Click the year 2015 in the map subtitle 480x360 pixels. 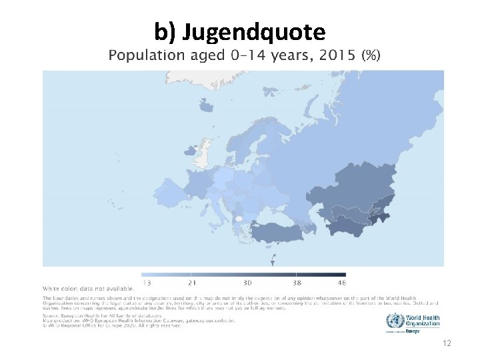[x=337, y=55]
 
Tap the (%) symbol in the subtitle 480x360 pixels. [x=371, y=55]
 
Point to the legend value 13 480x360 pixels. [x=146, y=283]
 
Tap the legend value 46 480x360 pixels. [x=342, y=283]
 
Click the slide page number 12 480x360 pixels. [x=447, y=343]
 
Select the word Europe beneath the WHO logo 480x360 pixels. [x=413, y=331]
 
